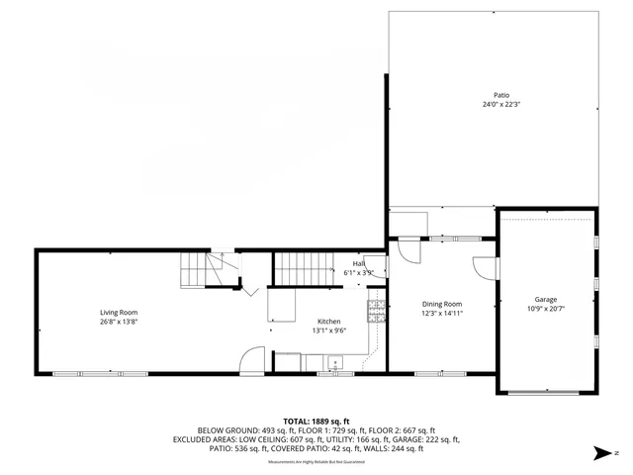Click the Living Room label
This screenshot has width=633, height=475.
pos(118,312)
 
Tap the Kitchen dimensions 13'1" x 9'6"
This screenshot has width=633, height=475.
pos(328,332)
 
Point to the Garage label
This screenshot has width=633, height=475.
pos(546,299)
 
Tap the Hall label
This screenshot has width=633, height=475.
pos(359,263)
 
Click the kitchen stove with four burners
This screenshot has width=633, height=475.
pos(376,312)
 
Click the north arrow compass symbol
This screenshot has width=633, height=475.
pos(601,454)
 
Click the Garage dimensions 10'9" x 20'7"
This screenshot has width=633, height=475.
pos(546,309)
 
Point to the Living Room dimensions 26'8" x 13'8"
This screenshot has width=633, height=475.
pos(118,322)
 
